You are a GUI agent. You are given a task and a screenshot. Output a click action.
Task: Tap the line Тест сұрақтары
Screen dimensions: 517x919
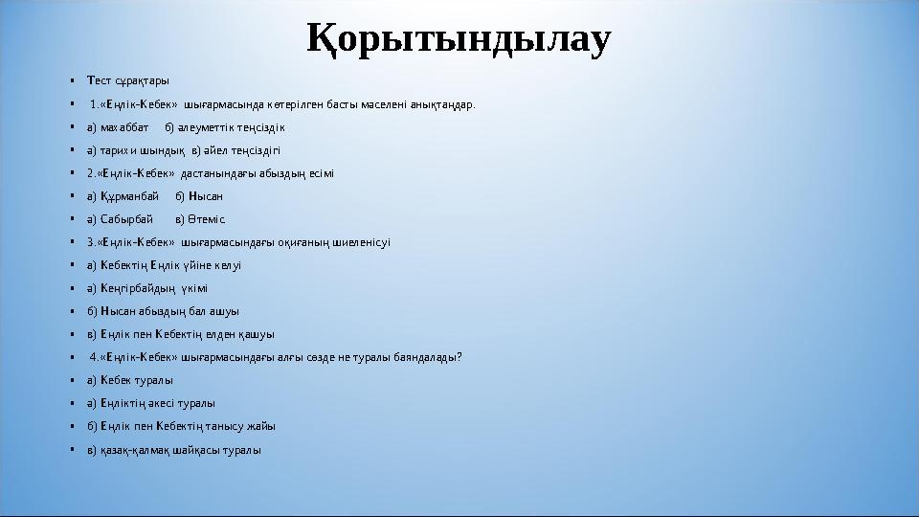point(127,80)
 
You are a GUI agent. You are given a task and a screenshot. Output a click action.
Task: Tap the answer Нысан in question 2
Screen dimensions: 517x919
point(206,196)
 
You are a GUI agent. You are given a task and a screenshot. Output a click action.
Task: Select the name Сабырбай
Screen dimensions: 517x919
point(126,219)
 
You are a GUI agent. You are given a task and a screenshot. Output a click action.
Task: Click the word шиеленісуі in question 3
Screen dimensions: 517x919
point(361,242)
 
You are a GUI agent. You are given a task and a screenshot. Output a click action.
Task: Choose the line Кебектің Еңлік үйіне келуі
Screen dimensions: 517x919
point(164,265)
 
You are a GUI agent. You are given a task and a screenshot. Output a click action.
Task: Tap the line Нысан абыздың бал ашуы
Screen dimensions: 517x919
point(163,311)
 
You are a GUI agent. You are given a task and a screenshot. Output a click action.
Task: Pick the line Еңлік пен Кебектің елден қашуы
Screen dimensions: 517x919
point(180,334)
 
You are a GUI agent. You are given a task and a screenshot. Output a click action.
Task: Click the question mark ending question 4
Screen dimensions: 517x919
point(460,357)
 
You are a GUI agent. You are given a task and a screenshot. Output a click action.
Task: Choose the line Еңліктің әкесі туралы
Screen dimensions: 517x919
point(150,403)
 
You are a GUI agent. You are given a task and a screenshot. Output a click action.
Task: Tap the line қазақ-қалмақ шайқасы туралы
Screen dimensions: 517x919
point(173,449)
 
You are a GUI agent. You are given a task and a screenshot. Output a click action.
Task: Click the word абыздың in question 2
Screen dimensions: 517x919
point(262,173)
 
